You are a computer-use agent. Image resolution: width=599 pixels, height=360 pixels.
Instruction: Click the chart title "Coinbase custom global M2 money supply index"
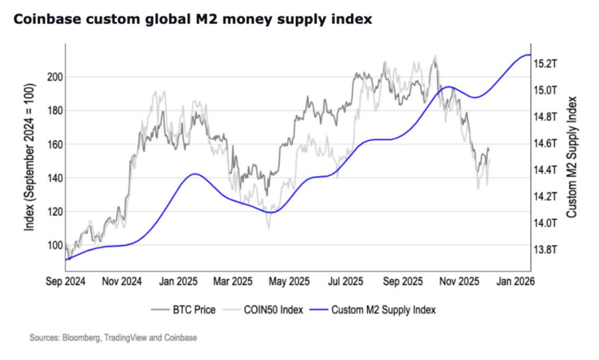click(192, 19)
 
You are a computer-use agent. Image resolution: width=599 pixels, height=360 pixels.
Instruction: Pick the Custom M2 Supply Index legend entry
click(383, 310)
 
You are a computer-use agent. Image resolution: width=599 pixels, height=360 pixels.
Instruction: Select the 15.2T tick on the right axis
click(545, 63)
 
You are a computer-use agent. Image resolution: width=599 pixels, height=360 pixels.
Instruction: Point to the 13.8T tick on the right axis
click(545, 249)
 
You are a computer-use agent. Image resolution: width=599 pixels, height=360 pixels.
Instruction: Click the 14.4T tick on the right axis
click(545, 170)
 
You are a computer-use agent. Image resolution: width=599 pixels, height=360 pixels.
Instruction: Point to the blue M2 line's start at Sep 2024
click(66, 259)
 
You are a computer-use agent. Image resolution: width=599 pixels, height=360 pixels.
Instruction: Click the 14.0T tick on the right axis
click(545, 223)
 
